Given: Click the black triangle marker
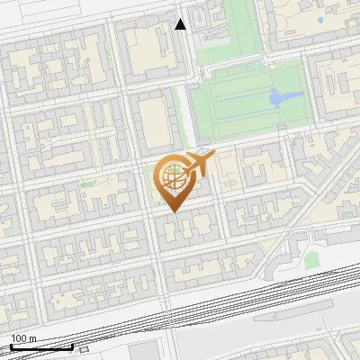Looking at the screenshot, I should [x=181, y=24].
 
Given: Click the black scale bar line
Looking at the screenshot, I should [x=41, y=346].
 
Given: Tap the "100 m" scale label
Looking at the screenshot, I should [x=23, y=338].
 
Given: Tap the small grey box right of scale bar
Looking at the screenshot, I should [x=84, y=348].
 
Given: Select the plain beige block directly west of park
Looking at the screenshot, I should [x=155, y=121].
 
